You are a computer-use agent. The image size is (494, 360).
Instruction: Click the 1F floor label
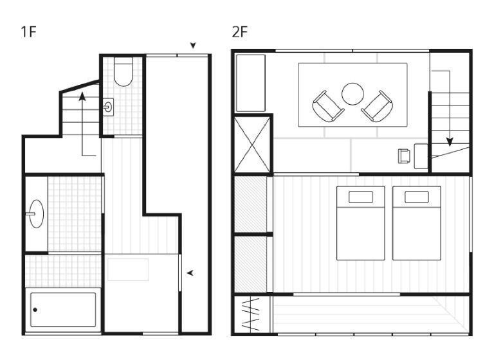point(29,32)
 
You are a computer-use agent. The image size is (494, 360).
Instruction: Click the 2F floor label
point(240,32)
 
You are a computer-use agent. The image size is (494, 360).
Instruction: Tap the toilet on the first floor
point(123,72)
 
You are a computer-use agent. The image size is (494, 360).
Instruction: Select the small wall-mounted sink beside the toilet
point(108,107)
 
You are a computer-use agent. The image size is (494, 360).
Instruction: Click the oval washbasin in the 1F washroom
point(36,214)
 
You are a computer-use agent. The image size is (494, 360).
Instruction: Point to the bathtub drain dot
point(35,310)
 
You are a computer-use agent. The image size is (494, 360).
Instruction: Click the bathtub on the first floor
point(63,310)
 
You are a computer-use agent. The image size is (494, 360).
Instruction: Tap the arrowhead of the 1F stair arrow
point(82,96)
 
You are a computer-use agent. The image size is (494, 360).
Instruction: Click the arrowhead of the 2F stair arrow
point(450,141)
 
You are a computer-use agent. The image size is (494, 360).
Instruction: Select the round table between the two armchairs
point(352,94)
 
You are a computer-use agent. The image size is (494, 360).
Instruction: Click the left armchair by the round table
point(328,107)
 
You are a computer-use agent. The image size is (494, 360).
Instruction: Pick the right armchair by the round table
point(377,107)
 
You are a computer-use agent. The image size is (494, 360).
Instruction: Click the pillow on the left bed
point(361,197)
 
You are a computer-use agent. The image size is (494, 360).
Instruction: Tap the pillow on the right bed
point(417,197)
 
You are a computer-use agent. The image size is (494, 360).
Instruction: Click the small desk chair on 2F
point(404,156)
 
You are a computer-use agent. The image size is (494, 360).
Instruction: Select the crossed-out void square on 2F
point(252,144)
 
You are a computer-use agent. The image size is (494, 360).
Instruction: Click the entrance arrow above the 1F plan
point(193,46)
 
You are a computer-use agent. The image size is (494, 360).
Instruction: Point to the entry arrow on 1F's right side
point(190,273)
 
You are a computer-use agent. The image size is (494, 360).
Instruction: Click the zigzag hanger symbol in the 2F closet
point(251,314)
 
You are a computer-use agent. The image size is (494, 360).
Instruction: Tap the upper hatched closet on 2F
point(250,204)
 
